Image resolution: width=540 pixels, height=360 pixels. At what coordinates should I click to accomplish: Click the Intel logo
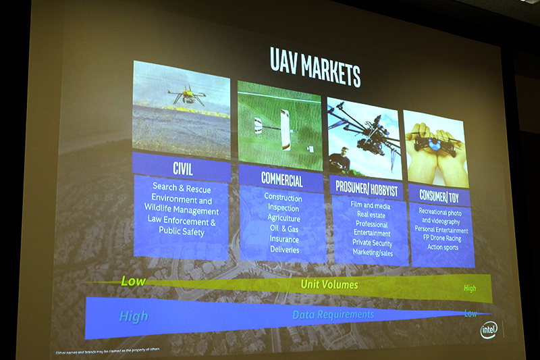tap(489, 330)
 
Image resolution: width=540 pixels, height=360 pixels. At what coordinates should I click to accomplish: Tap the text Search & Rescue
tap(181, 188)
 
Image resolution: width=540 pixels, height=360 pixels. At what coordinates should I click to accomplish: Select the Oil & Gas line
tap(284, 228)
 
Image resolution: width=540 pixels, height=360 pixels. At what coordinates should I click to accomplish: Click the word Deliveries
tap(284, 249)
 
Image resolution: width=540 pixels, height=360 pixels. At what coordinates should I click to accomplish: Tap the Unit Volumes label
tap(329, 285)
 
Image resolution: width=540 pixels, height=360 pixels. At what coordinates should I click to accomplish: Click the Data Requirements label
tap(333, 315)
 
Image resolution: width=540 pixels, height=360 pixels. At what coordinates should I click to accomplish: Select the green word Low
tap(133, 280)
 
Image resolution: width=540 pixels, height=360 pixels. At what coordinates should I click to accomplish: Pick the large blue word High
tap(134, 315)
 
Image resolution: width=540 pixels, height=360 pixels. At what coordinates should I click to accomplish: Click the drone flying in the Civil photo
tap(188, 96)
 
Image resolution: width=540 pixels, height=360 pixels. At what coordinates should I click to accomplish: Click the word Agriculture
tap(283, 218)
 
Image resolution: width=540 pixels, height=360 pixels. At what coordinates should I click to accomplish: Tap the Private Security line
tap(371, 242)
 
